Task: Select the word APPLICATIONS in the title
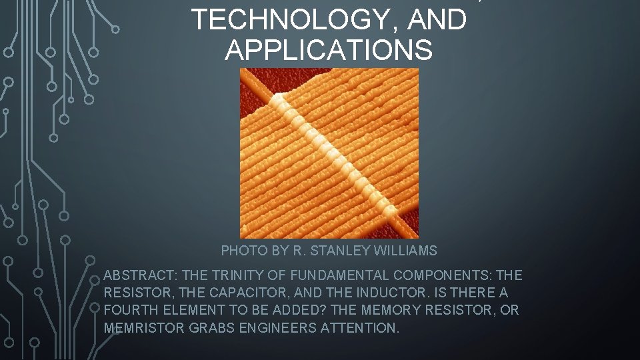point(329,49)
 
